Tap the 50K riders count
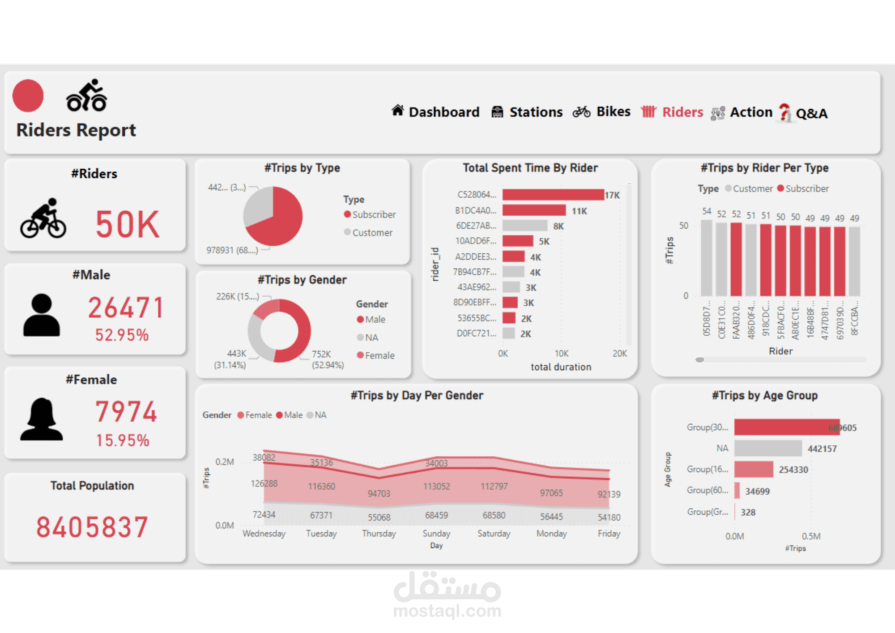[x=128, y=224]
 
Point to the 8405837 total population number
[x=92, y=527]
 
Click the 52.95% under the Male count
[x=122, y=335]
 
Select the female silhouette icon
[x=42, y=419]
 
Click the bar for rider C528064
[x=553, y=195]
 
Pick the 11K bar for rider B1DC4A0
[x=534, y=210]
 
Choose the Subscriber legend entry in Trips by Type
[x=373, y=214]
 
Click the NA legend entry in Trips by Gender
[x=371, y=338]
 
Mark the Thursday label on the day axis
[x=379, y=534]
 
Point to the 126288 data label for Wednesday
[x=264, y=483]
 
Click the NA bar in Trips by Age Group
[x=767, y=448]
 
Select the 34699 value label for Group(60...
[x=757, y=491]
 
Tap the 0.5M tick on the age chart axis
[x=811, y=536]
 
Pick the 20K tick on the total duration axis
[x=619, y=354]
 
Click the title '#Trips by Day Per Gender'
[x=417, y=395]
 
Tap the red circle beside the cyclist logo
[x=28, y=95]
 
